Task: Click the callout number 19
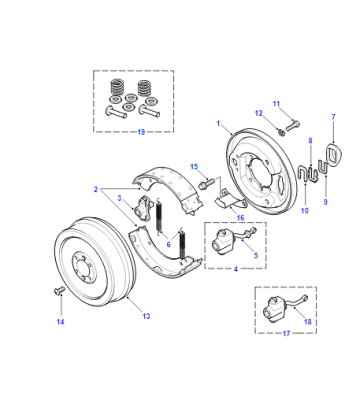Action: tap(141, 132)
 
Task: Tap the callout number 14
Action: tap(60, 322)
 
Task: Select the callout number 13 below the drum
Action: tap(146, 316)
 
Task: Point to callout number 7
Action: tap(333, 117)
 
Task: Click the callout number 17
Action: tap(286, 333)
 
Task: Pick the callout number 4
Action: tap(236, 269)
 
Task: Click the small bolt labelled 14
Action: tap(59, 291)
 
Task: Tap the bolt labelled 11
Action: tap(292, 126)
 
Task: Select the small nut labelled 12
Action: tap(281, 133)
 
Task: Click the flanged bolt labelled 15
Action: tap(207, 184)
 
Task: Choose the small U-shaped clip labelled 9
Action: tap(323, 167)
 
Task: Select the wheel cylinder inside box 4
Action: tap(222, 242)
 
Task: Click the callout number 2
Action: tap(96, 189)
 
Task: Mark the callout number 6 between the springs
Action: tap(168, 244)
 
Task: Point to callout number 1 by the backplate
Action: tap(218, 123)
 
